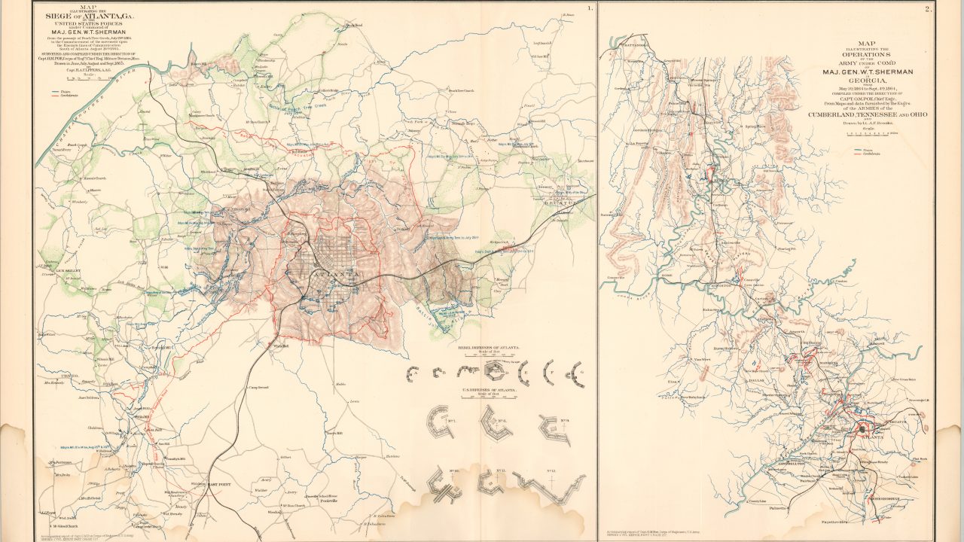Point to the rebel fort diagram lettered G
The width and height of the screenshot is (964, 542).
(578, 371)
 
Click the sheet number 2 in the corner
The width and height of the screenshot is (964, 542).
(929, 9)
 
